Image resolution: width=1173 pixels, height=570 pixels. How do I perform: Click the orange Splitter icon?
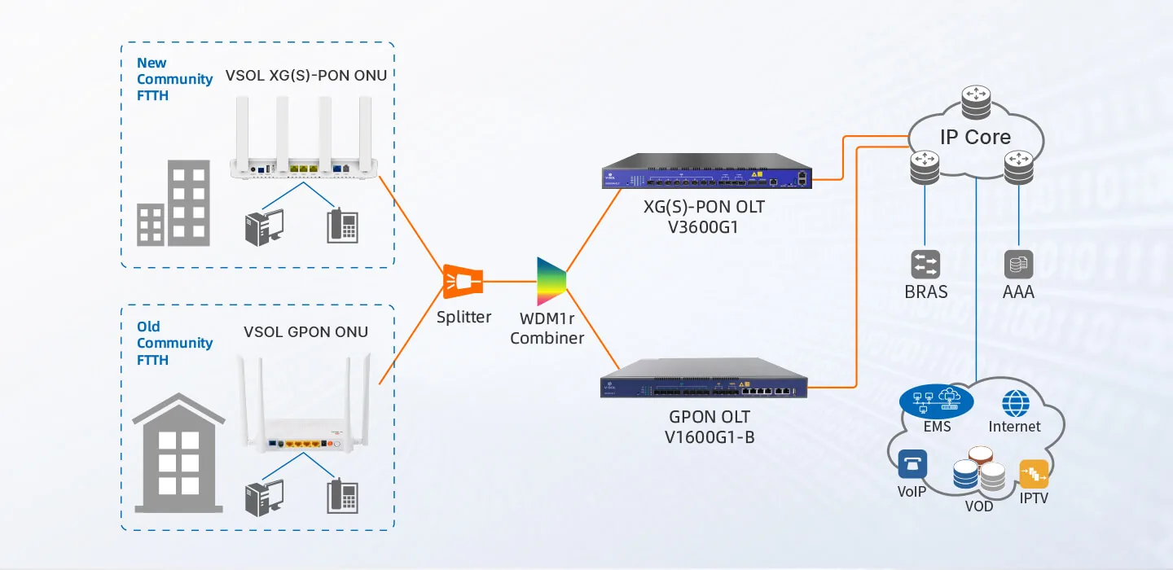point(463,282)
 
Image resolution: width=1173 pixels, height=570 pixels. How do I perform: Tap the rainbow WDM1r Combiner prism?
point(551,282)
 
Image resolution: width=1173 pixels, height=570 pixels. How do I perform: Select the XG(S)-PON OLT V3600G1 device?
point(707,171)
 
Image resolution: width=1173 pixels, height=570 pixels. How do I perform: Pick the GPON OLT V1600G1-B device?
point(704,378)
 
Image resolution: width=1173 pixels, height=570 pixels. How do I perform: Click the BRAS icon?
point(925,265)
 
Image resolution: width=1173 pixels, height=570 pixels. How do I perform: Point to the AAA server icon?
point(1018,265)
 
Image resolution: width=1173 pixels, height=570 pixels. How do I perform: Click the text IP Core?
point(975,137)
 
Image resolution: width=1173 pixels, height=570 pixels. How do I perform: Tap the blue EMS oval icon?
point(936,402)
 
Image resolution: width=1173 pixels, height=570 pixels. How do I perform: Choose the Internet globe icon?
point(1016,404)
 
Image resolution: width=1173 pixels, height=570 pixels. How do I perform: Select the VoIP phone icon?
point(912,464)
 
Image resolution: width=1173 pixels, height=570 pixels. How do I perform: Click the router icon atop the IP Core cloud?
point(976,103)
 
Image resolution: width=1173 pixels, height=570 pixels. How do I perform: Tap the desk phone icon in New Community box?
point(342,226)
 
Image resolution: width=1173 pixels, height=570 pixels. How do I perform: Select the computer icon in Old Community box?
point(265,498)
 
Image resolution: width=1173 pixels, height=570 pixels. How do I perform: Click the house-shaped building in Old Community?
point(178,453)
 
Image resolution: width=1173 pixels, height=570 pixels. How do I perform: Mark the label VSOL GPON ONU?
point(305,332)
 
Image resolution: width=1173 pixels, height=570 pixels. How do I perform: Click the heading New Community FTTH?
point(174,79)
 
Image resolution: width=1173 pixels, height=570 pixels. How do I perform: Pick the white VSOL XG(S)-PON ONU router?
point(304,138)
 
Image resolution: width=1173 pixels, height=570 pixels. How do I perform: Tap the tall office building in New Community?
point(188,203)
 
